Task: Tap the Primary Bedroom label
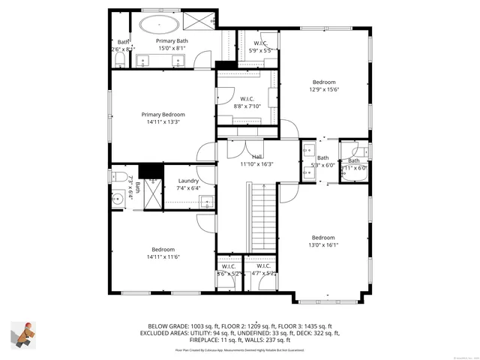click(162, 115)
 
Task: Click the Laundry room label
click(188, 181)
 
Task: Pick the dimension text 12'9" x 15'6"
click(324, 89)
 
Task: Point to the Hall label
click(256, 157)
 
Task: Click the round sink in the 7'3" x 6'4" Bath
click(118, 199)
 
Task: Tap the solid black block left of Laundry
click(151, 171)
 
